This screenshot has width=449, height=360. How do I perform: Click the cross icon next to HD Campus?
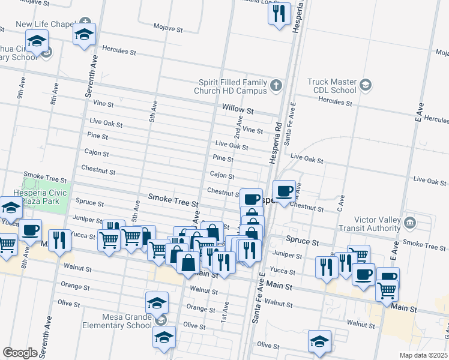coord(276,85)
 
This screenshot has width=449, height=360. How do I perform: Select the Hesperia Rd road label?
coord(279,139)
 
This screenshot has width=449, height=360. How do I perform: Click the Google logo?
coord(20,352)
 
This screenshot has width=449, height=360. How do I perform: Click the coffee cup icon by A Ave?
coord(285,191)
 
